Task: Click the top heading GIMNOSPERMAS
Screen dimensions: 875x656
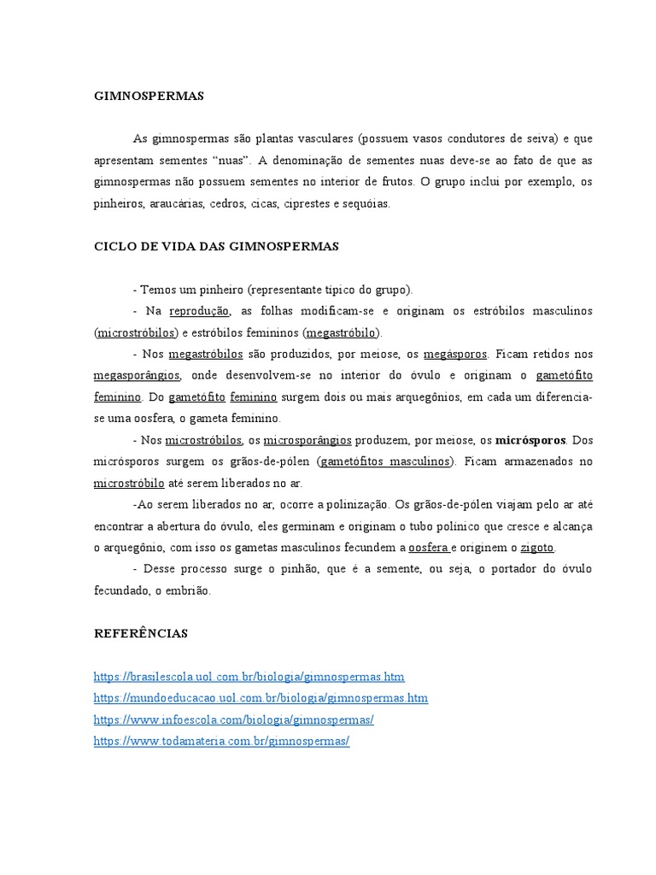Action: coord(149,97)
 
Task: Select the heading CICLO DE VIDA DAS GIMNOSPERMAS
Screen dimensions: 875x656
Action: coord(216,246)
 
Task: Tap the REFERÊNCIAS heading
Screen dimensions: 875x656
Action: coord(140,633)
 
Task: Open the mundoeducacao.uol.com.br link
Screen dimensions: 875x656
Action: coord(261,698)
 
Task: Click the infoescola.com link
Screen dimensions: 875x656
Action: coord(234,720)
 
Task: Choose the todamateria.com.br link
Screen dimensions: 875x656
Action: coord(222,742)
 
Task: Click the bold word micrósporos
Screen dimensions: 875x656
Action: coord(530,440)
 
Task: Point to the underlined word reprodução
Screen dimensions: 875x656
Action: coord(200,310)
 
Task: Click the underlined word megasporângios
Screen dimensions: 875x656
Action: coord(137,375)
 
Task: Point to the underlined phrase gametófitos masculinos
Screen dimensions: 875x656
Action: coord(386,461)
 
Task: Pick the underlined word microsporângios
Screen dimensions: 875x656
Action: coord(307,440)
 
